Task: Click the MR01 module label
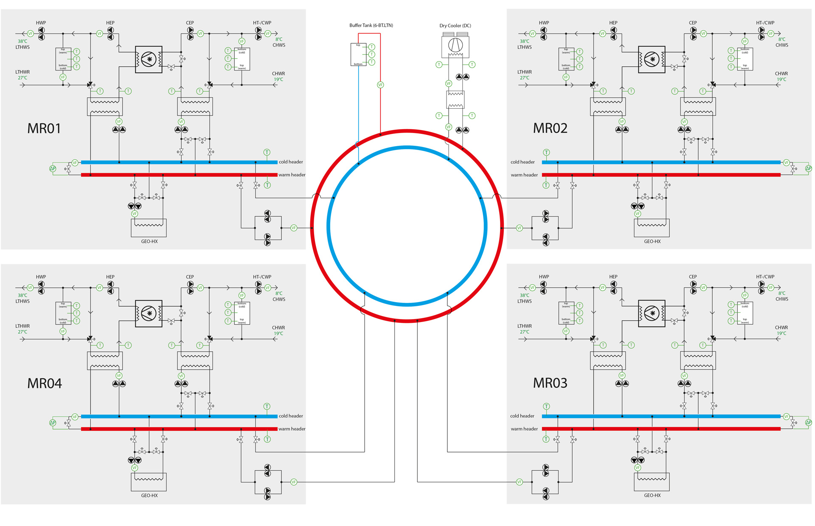pyautogui.click(x=44, y=128)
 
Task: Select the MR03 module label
pyautogui.click(x=550, y=383)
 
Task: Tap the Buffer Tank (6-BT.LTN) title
pyautogui.click(x=371, y=25)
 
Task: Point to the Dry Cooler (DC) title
pyautogui.click(x=455, y=25)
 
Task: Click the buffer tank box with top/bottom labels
pyautogui.click(x=358, y=54)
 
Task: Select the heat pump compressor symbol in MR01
pyautogui.click(x=149, y=59)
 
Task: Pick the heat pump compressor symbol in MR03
pyautogui.click(x=652, y=314)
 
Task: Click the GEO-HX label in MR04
pyautogui.click(x=149, y=495)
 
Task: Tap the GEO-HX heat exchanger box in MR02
pyautogui.click(x=652, y=228)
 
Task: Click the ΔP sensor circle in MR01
pyautogui.click(x=53, y=168)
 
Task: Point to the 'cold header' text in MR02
pyautogui.click(x=523, y=162)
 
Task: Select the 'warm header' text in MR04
pyautogui.click(x=292, y=429)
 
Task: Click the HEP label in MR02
pyautogui.click(x=613, y=23)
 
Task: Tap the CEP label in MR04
pyautogui.click(x=190, y=277)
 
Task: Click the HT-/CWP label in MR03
pyautogui.click(x=765, y=277)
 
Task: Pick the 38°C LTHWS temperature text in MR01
pyautogui.click(x=22, y=41)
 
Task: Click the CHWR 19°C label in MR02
pyautogui.click(x=781, y=76)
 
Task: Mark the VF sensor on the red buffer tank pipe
pyautogui.click(x=380, y=85)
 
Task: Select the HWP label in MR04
pyautogui.click(x=41, y=277)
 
